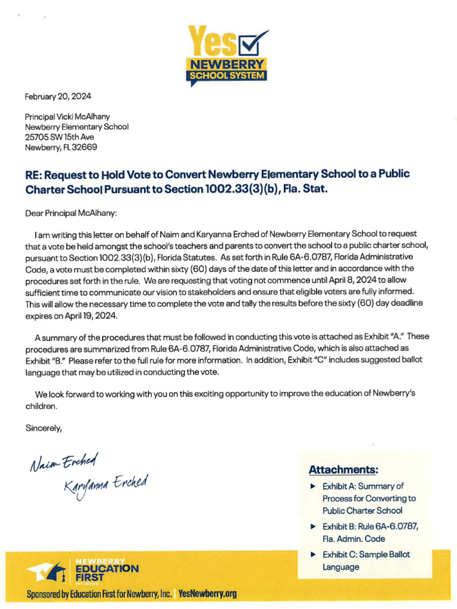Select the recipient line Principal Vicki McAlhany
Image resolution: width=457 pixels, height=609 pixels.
67,117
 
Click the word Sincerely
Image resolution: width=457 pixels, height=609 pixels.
43,427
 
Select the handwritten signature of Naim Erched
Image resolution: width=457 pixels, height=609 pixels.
62,462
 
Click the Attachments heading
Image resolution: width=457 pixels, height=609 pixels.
343,470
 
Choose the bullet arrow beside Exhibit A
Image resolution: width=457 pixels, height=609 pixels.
314,486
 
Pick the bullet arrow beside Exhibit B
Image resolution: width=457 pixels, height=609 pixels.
314,527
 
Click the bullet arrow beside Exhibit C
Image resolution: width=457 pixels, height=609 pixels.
314,555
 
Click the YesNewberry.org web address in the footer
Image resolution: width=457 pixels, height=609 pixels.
207,594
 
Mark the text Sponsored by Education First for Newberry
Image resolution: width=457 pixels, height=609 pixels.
99,594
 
